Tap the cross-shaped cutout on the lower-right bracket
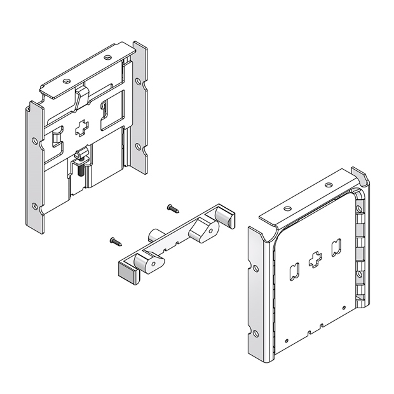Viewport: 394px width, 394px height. pos(314,261)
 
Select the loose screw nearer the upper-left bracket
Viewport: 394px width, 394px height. pos(173,207)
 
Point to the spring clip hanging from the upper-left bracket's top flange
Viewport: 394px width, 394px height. pos(80,98)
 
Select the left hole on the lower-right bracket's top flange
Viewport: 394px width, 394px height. pos(287,208)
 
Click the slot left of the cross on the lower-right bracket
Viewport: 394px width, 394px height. pos(294,271)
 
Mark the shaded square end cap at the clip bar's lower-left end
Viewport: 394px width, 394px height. pos(126,274)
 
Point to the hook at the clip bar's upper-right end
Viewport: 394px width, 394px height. pos(224,214)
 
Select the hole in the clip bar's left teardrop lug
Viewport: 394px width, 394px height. pos(150,265)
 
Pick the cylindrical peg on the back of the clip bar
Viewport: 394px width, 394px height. pos(155,234)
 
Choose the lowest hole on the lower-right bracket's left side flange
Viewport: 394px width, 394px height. pos(255,332)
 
